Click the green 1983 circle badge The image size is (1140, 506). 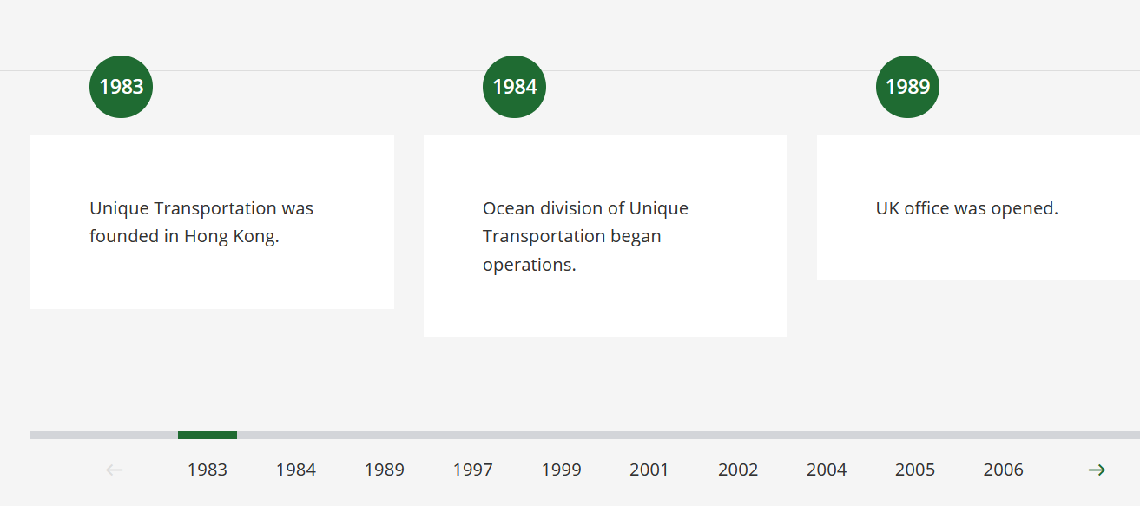(x=122, y=87)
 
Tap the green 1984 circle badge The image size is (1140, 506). (x=515, y=87)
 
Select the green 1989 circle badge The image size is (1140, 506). (x=908, y=87)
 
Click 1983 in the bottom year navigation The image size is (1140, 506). (x=208, y=470)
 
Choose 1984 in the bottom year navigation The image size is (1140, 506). (x=296, y=470)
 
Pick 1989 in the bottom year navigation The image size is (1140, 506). (x=385, y=470)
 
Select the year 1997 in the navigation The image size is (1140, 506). (x=473, y=470)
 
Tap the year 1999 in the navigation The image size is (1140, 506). (x=562, y=470)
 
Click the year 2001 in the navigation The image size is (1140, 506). (x=649, y=470)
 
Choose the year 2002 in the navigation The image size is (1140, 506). (x=738, y=470)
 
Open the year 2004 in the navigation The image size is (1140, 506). (x=827, y=470)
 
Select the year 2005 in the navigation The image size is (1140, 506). (x=915, y=470)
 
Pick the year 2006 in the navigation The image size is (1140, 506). (x=1003, y=470)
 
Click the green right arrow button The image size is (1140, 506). (x=1097, y=470)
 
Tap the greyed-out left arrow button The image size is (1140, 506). (x=114, y=470)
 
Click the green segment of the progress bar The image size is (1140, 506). (x=208, y=436)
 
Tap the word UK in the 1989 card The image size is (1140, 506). (x=887, y=208)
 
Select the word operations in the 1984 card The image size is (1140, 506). (x=530, y=265)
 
